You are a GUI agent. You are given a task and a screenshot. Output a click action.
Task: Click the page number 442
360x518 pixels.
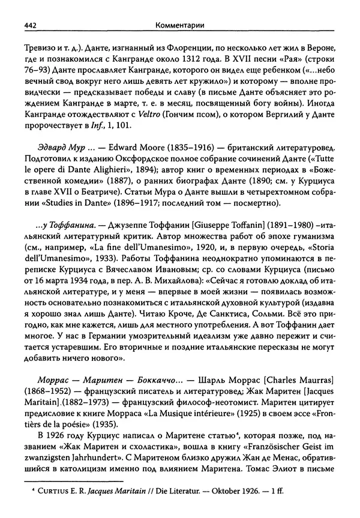tap(31, 24)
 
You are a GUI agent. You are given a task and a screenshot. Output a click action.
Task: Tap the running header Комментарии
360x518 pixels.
tap(179, 24)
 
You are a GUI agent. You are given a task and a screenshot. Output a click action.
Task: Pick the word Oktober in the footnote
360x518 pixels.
tap(226, 506)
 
